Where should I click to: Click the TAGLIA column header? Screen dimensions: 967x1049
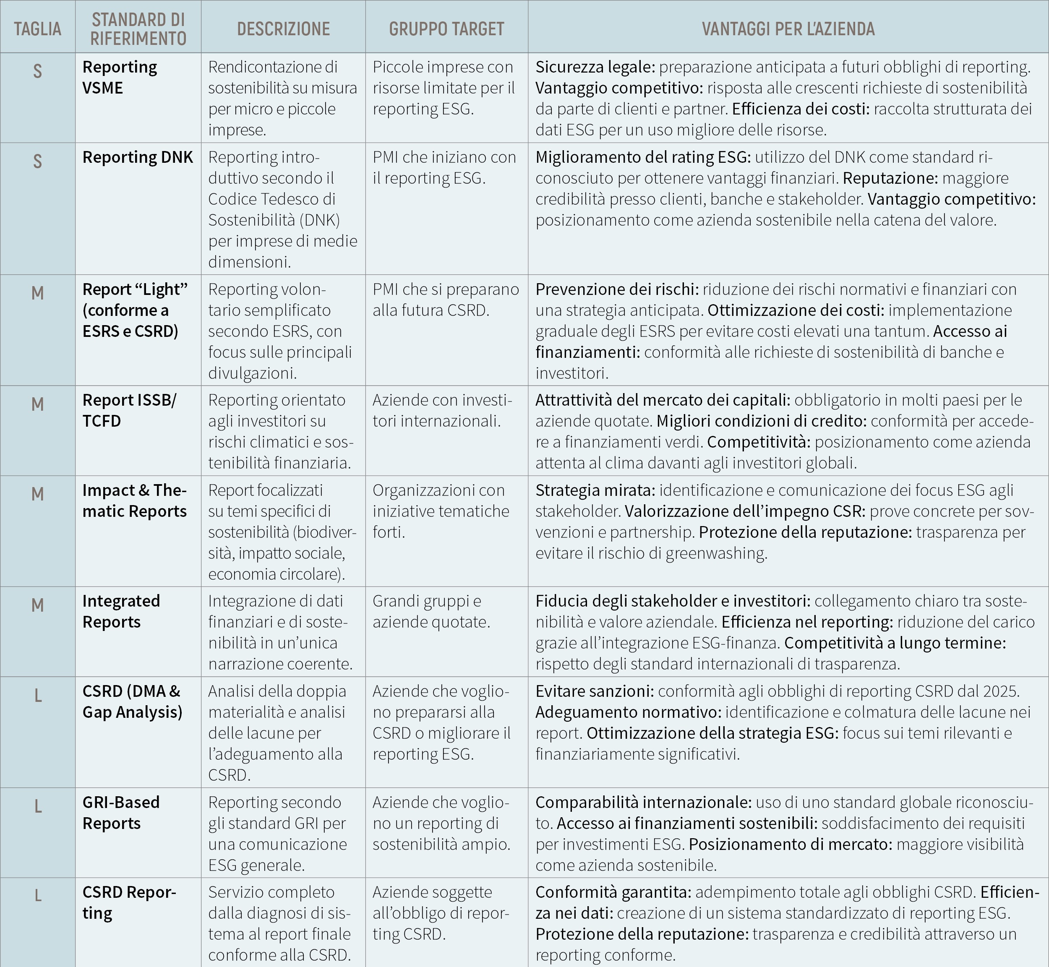[x=37, y=29]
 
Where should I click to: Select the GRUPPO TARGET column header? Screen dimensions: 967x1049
[x=446, y=29]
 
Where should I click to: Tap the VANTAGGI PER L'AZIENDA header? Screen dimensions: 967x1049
[x=788, y=29]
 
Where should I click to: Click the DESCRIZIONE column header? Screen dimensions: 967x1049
[x=283, y=29]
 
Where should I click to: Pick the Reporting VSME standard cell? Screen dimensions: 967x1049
[x=119, y=78]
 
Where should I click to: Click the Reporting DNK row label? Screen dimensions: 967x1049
[x=138, y=157]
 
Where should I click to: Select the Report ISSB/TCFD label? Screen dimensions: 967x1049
[x=129, y=410]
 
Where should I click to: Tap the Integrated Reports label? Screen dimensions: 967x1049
[x=121, y=611]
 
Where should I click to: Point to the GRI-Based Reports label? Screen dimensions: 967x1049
[x=121, y=812]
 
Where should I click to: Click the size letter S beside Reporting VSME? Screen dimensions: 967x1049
[x=37, y=70]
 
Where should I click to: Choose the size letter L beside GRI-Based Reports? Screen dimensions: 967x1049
[x=38, y=806]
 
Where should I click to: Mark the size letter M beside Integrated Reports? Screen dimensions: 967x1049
[x=37, y=605]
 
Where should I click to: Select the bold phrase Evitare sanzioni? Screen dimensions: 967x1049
[x=594, y=691]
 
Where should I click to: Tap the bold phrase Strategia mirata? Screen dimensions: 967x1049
[x=595, y=490]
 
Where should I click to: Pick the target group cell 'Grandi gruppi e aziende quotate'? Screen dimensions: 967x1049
[x=431, y=611]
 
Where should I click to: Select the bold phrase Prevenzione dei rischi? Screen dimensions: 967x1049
[x=617, y=289]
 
